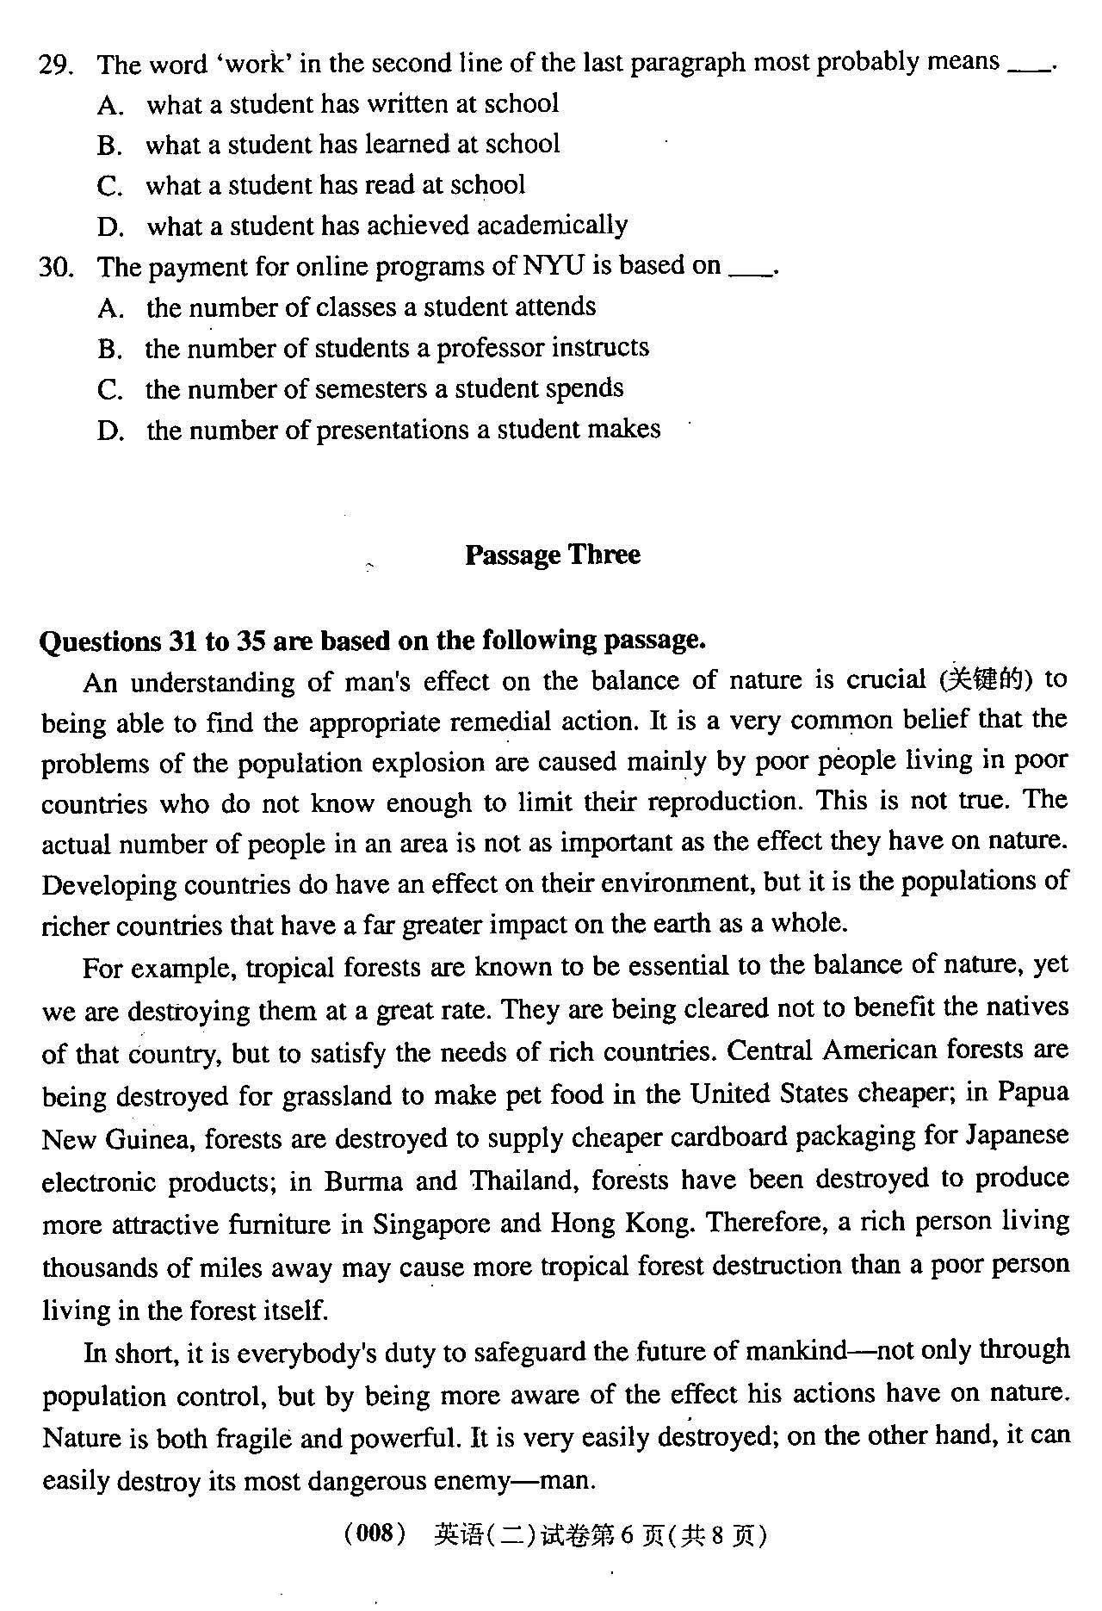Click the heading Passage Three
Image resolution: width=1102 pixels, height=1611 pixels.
click(552, 555)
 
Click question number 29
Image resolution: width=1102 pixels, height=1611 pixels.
click(55, 65)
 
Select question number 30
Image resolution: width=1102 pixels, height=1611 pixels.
click(55, 268)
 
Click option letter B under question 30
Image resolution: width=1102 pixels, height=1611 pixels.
click(108, 350)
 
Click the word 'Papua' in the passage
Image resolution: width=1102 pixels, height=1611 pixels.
click(1033, 1093)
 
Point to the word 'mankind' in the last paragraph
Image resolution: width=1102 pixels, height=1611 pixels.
click(796, 1351)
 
